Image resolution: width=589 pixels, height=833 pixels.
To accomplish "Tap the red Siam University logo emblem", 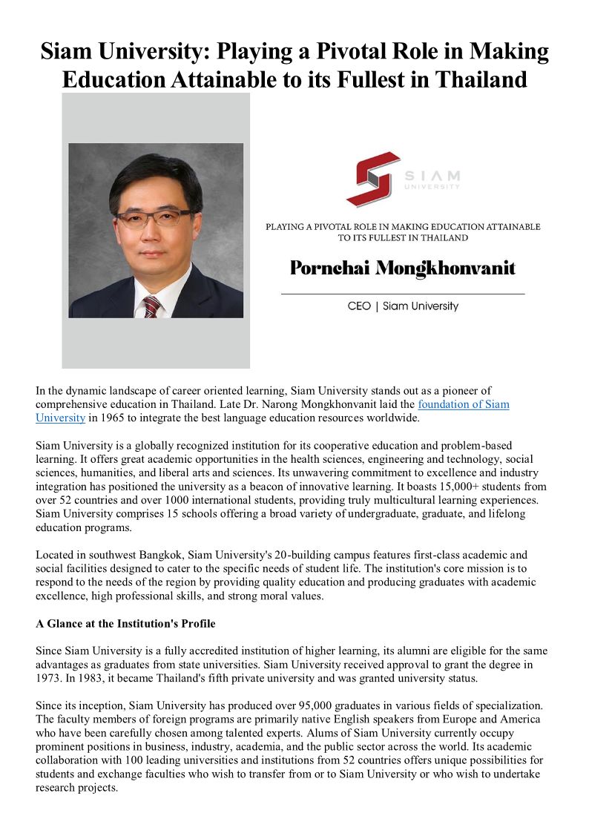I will (372, 178).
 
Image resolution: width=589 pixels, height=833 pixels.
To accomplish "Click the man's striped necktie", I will (151, 305).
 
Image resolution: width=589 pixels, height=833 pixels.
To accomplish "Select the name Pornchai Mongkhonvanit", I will (402, 268).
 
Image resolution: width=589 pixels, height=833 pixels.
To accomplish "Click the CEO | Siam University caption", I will (403, 306).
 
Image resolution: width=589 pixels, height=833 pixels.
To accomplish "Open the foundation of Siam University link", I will (464, 404).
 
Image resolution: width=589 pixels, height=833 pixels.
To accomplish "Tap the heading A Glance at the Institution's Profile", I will (125, 624).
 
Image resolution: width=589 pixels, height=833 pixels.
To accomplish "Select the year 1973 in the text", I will (49, 678).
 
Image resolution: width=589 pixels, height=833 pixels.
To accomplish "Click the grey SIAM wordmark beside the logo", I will (432, 176).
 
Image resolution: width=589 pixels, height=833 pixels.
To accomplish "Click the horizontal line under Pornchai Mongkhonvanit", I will (403, 294).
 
